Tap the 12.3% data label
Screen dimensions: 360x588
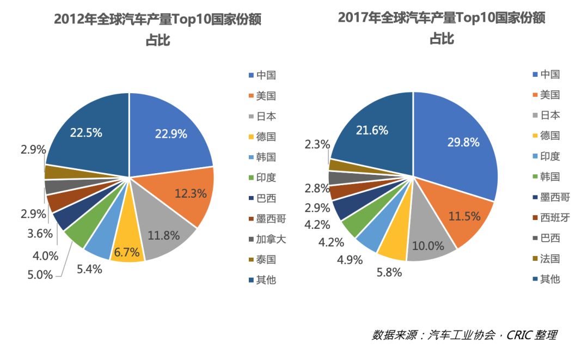[x=190, y=192]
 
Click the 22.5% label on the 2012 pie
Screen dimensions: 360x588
[x=86, y=132]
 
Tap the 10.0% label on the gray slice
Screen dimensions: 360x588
[x=427, y=245]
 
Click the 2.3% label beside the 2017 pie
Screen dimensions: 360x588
[x=317, y=144]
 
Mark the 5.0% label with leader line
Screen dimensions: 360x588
[x=40, y=274]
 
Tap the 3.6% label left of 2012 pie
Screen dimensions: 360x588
[x=40, y=234]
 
